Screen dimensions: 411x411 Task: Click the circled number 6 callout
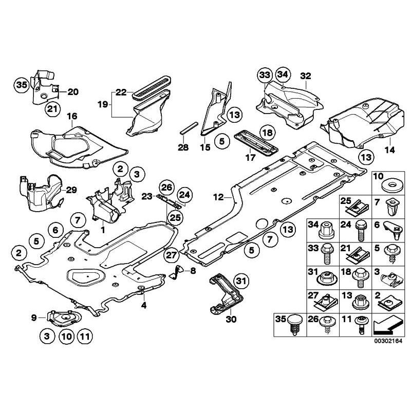click(x=54, y=230)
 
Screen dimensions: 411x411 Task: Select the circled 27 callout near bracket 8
click(x=171, y=254)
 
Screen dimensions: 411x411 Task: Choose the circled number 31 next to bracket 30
click(x=240, y=280)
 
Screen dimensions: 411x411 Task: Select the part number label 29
click(x=71, y=190)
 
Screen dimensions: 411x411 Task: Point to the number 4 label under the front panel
click(x=144, y=306)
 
